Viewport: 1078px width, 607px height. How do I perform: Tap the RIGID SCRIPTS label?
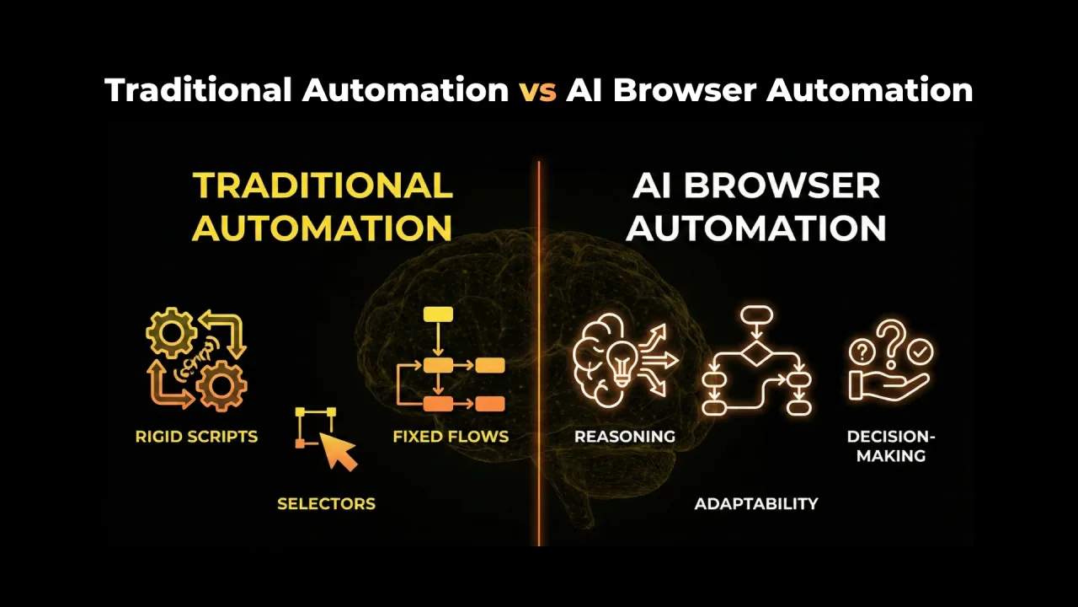click(x=196, y=437)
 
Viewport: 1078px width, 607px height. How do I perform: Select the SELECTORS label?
click(x=326, y=504)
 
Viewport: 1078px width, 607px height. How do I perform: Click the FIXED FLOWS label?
click(x=451, y=437)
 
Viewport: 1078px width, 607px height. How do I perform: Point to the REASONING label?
click(x=625, y=437)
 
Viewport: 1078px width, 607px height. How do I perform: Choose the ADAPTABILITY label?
click(x=756, y=504)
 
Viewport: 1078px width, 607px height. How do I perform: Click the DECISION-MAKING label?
click(x=891, y=446)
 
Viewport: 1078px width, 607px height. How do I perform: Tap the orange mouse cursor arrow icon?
click(x=339, y=451)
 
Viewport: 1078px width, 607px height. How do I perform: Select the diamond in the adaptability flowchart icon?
click(x=756, y=353)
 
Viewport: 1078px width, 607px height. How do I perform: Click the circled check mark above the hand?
click(x=920, y=352)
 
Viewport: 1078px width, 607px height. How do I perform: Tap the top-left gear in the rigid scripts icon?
click(x=171, y=333)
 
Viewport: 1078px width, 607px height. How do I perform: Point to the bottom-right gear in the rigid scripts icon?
click(x=221, y=385)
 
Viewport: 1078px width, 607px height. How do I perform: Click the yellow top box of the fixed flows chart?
click(x=438, y=314)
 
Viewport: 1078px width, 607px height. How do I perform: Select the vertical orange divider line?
click(x=539, y=354)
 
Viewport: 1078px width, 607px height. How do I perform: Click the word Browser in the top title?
click(x=685, y=90)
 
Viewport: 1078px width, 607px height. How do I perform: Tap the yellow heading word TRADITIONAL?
click(x=323, y=186)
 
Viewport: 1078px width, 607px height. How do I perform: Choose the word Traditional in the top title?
click(x=198, y=90)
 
